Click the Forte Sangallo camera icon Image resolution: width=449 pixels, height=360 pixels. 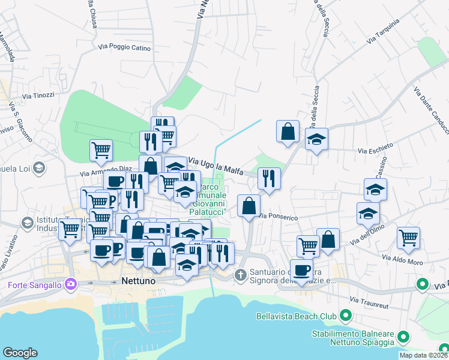[x=71, y=283]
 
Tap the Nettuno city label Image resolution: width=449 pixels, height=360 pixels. [x=139, y=281]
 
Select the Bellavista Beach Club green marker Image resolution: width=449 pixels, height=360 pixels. [x=345, y=314]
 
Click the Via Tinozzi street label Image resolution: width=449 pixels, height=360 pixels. [x=38, y=95]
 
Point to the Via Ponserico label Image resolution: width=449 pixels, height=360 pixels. [x=276, y=216]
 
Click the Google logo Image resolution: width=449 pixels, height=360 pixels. [x=20, y=353]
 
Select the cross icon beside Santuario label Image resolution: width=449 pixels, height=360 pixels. [x=240, y=275]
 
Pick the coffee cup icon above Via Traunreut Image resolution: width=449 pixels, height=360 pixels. [x=301, y=269]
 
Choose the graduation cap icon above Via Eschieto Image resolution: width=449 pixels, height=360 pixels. [x=316, y=140]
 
